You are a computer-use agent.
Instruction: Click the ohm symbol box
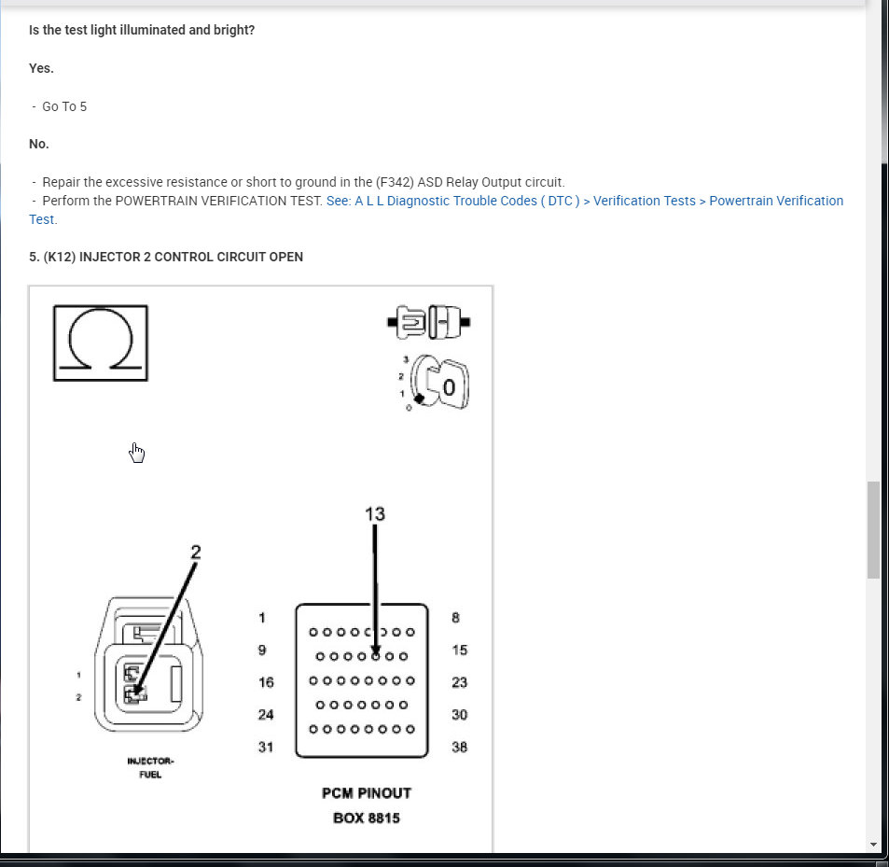coord(100,343)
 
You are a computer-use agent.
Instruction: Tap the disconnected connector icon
coord(428,323)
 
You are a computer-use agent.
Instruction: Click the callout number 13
coord(374,513)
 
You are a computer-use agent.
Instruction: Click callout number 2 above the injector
coord(195,552)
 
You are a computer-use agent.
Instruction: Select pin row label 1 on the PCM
coord(262,618)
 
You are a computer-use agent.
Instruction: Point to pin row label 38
coord(459,747)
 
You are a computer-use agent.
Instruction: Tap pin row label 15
coord(459,650)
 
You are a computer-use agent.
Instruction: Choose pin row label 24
coord(266,715)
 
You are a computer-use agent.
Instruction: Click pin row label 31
coord(266,747)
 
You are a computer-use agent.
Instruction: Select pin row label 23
coord(459,682)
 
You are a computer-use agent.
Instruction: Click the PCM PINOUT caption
coord(366,793)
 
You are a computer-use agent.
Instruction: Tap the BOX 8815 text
coord(366,818)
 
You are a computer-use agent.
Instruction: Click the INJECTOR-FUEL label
coord(150,767)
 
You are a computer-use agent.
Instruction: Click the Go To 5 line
coord(64,106)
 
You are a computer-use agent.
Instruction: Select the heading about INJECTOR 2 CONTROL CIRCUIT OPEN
coord(166,257)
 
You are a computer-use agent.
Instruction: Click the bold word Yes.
coord(41,68)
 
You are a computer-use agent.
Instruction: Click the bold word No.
coord(39,144)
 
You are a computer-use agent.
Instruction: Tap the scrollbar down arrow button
coord(873,845)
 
